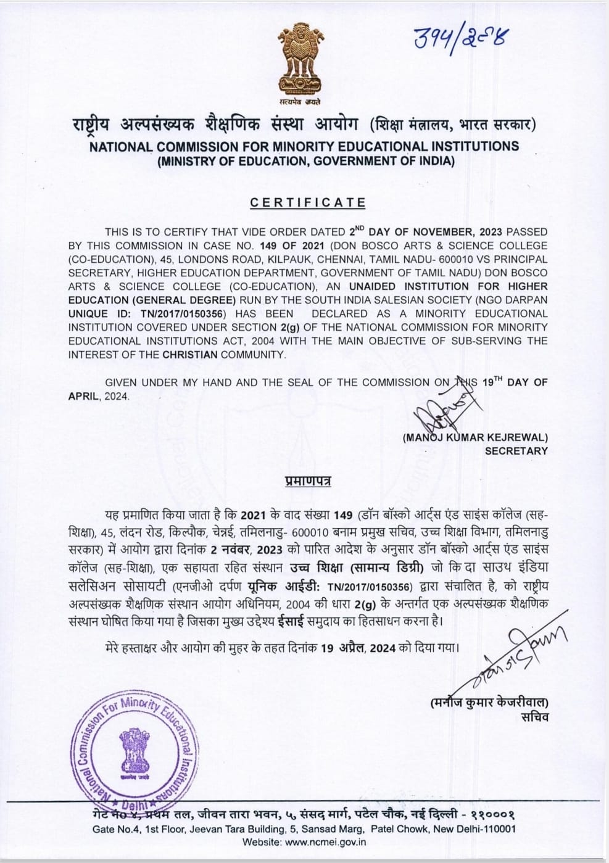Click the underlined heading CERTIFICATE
tap(308, 203)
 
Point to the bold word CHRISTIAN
tap(190, 354)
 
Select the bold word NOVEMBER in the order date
tap(442, 232)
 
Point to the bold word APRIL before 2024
tap(83, 396)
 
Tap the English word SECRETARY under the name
tap(516, 451)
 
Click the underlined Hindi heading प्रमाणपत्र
tap(308, 481)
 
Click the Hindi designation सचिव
tap(534, 716)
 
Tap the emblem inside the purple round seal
tap(133, 754)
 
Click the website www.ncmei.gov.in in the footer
tap(327, 841)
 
